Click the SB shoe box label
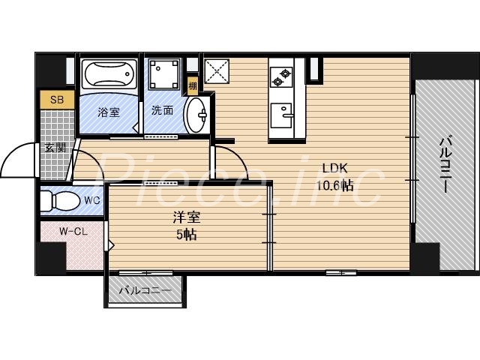point(57,100)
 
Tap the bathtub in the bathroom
point(109,73)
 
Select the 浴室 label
point(109,112)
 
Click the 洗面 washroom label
point(162,110)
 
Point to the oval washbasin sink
point(196,115)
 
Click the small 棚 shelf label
point(193,86)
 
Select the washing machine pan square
point(163,73)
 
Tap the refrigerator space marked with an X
point(217,71)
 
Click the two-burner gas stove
point(281,77)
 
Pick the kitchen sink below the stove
point(281,115)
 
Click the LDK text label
point(335,168)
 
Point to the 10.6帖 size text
point(335,185)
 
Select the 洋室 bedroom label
point(187,217)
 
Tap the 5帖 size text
point(187,235)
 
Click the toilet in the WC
point(60,201)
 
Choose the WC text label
point(92,201)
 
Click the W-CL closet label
point(73,232)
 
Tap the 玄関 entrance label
point(55,148)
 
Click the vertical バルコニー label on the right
point(445,165)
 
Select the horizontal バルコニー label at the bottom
point(145,290)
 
